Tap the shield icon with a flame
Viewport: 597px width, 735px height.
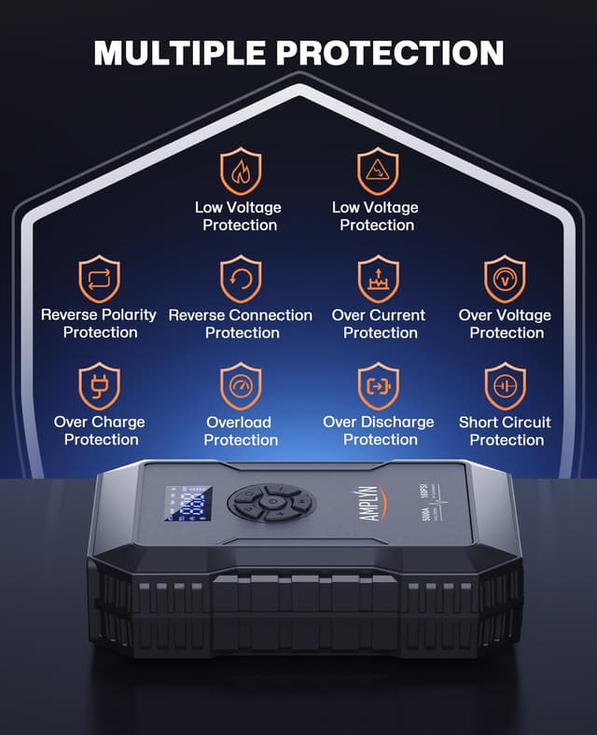point(240,172)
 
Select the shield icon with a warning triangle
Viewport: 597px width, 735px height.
point(378,172)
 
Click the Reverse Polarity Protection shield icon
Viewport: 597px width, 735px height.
point(99,280)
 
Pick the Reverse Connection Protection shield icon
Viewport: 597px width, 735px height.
point(240,280)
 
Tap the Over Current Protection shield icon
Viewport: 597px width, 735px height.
point(378,280)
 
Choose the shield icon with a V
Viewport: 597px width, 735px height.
point(505,280)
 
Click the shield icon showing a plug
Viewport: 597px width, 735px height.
point(99,387)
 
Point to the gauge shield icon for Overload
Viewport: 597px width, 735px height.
point(240,387)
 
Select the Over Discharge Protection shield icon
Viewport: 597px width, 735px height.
point(378,387)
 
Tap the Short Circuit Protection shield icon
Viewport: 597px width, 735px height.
point(505,387)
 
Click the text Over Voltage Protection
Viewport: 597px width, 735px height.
point(505,324)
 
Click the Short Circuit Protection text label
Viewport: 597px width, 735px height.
point(505,431)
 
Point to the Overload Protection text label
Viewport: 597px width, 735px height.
point(240,431)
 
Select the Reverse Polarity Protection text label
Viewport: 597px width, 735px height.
point(99,324)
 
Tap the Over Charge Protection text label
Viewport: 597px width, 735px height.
point(99,431)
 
